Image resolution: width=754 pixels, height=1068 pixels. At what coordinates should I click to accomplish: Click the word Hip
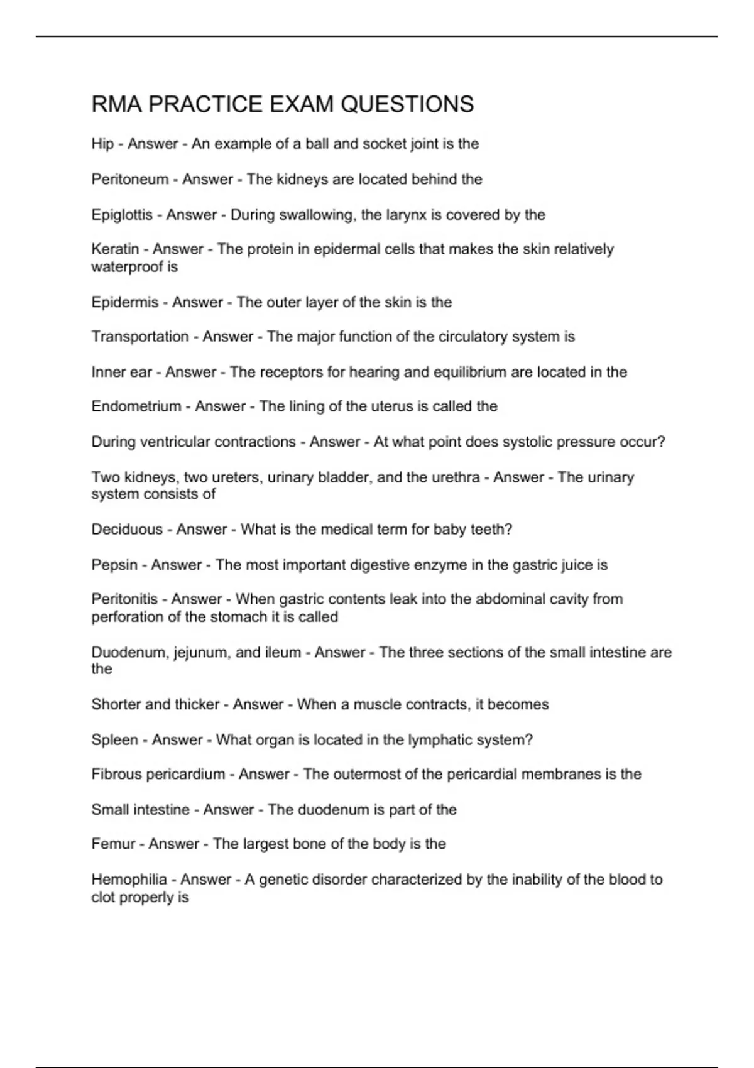(102, 144)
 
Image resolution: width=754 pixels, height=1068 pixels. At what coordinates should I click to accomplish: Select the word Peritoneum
(130, 179)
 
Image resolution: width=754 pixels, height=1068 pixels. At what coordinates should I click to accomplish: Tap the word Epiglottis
(122, 215)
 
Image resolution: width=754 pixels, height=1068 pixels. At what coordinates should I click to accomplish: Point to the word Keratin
(115, 249)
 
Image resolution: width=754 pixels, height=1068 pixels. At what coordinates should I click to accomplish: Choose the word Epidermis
(125, 302)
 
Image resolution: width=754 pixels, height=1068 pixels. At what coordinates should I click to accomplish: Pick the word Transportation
(140, 337)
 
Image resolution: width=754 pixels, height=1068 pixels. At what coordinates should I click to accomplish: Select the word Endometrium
(136, 406)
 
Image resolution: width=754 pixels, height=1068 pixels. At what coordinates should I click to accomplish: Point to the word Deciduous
(127, 530)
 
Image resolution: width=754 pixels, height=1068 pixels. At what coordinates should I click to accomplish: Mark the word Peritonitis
(124, 599)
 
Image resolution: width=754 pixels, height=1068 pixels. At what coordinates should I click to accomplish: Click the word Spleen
(114, 740)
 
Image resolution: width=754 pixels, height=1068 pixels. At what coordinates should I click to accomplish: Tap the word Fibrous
(116, 774)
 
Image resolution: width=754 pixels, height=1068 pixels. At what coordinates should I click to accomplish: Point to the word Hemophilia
(129, 880)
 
